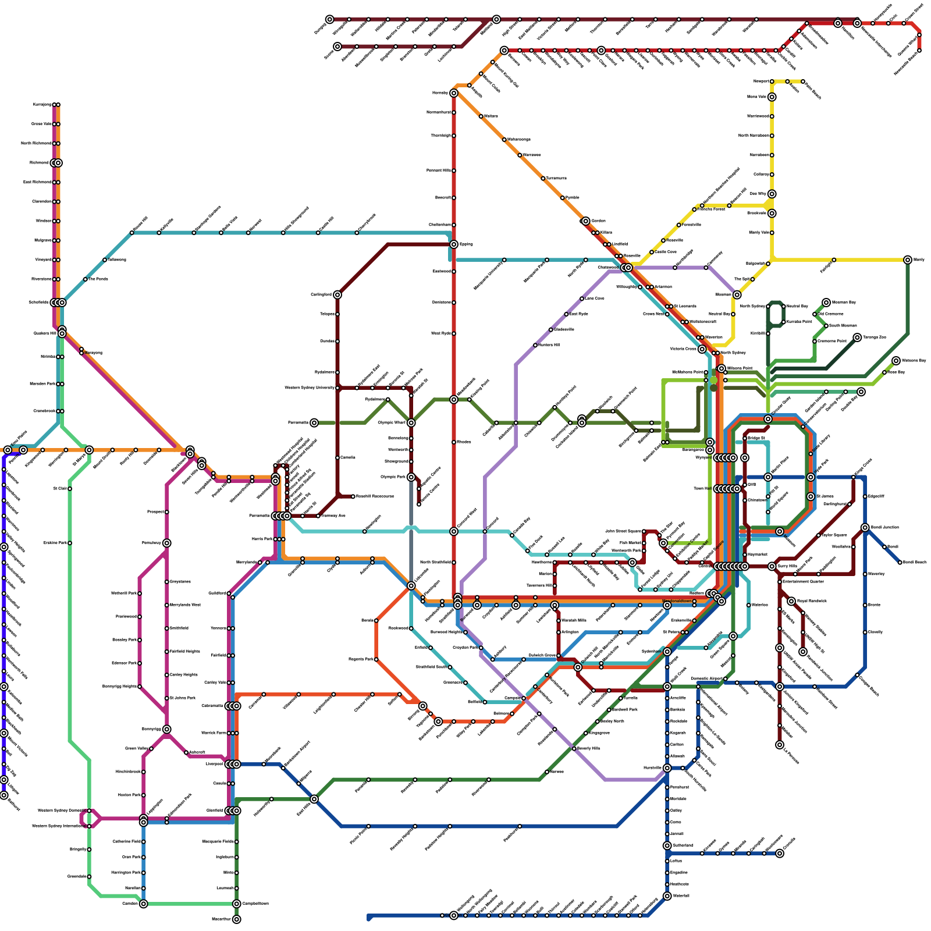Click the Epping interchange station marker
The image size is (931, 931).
click(x=454, y=244)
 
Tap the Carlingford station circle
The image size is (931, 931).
click(x=337, y=295)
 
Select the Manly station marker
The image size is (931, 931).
click(x=908, y=260)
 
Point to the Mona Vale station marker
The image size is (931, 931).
click(x=772, y=97)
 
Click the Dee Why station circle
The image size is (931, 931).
click(x=772, y=194)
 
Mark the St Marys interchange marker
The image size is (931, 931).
click(x=89, y=450)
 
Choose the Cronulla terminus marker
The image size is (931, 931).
click(x=780, y=854)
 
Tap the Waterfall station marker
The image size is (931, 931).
click(x=667, y=896)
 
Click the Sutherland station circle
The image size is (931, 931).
click(x=667, y=845)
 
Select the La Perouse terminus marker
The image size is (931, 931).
click(x=780, y=745)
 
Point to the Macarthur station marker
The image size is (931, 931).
click(x=236, y=919)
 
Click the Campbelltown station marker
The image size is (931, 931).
click(x=236, y=904)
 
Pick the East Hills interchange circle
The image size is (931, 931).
click(x=314, y=799)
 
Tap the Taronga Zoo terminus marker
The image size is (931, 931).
click(x=857, y=337)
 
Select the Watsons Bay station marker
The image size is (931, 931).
click(x=896, y=361)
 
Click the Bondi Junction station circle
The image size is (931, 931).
click(x=865, y=528)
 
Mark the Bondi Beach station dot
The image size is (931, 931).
click(x=900, y=563)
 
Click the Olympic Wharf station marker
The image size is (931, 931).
click(x=411, y=423)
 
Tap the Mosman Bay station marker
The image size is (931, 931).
click(x=826, y=303)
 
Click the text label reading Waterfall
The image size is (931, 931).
click(x=681, y=896)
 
